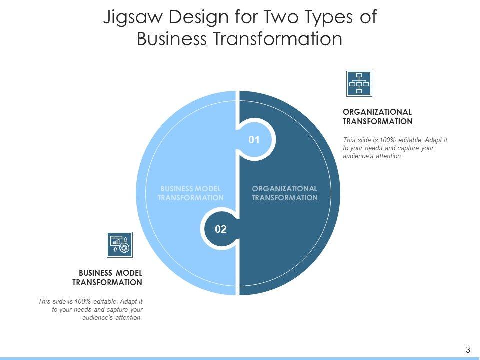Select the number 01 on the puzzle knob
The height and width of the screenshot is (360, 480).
(254, 140)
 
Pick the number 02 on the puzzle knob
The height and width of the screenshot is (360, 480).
(221, 229)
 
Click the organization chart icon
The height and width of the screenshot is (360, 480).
(359, 83)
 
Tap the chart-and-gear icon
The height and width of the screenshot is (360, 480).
(120, 244)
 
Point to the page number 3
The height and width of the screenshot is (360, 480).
(468, 350)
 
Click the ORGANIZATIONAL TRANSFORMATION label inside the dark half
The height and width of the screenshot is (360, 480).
(284, 193)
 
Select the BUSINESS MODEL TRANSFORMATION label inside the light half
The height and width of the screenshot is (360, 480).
(190, 193)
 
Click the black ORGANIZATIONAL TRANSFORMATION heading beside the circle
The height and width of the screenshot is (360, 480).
(377, 116)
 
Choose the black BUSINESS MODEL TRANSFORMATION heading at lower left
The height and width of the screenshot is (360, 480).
(107, 277)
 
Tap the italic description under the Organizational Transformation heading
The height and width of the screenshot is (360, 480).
(394, 148)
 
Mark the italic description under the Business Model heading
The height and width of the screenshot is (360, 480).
(90, 309)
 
